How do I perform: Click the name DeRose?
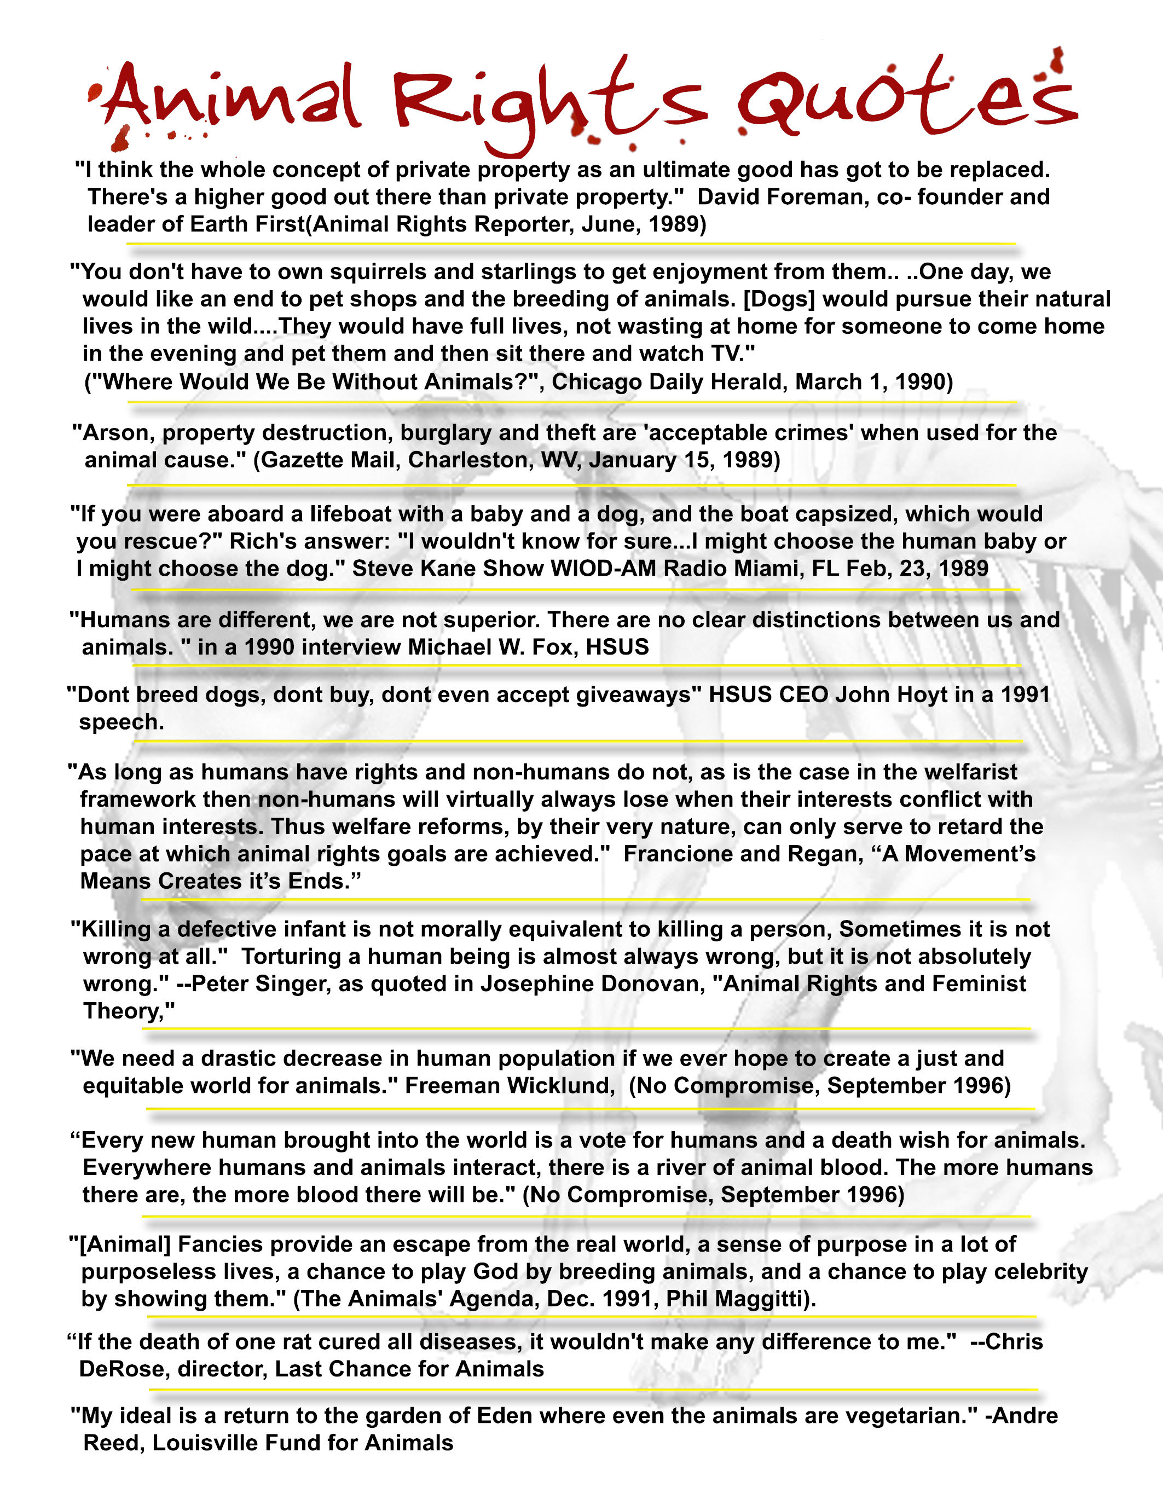(124, 1369)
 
